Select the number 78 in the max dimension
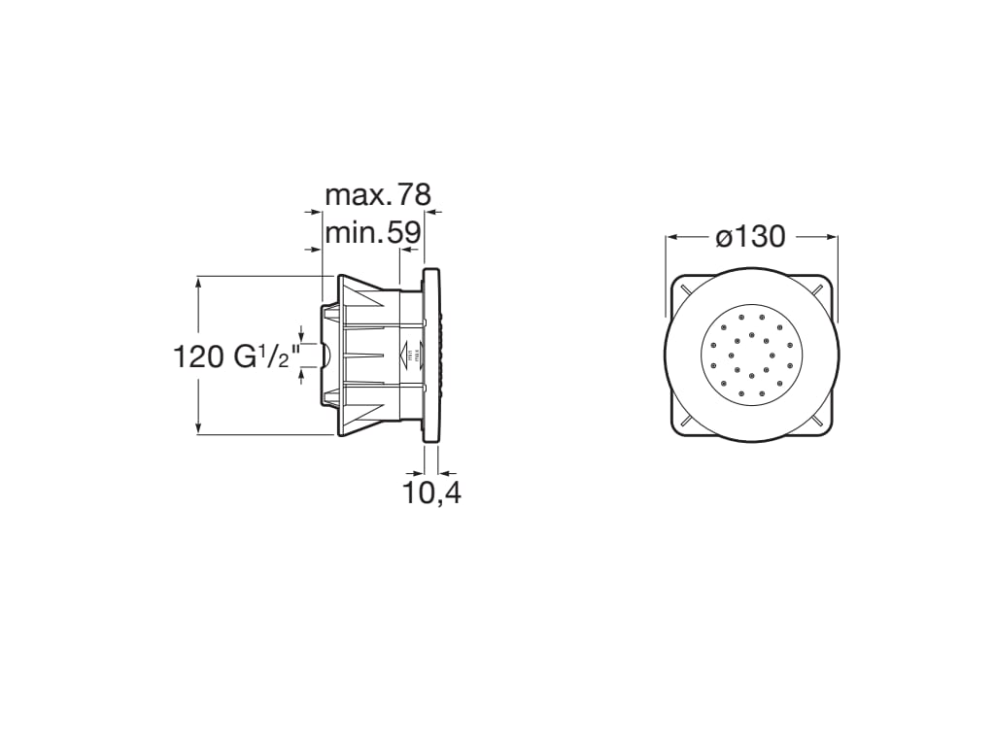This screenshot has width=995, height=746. click(x=413, y=195)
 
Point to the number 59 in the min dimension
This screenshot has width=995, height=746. click(x=404, y=233)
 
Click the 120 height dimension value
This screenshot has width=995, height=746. click(x=199, y=356)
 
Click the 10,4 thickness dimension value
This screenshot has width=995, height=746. click(x=432, y=493)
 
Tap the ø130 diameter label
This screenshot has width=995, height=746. click(x=750, y=236)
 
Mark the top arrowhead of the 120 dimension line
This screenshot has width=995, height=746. click(x=198, y=282)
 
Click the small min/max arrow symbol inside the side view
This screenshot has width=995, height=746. click(x=409, y=355)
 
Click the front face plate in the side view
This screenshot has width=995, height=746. click(x=431, y=356)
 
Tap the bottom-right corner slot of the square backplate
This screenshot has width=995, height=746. click(x=821, y=422)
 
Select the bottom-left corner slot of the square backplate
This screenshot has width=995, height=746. click(x=685, y=422)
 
